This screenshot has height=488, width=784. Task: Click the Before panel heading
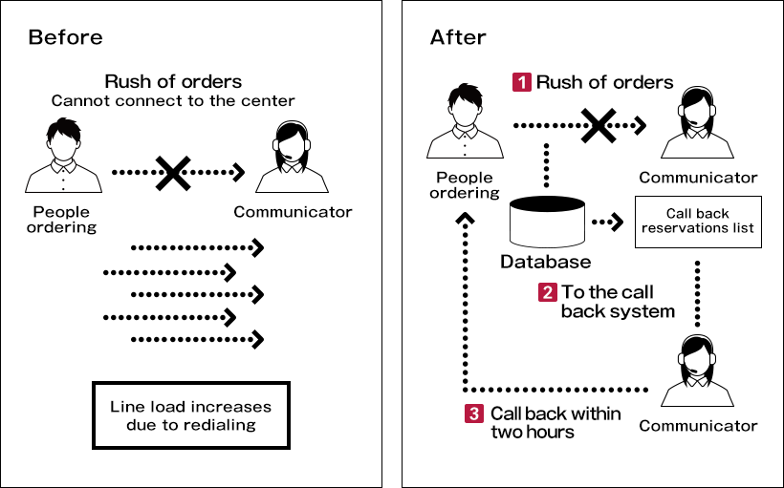[x=65, y=38]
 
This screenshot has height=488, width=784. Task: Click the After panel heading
[x=458, y=38]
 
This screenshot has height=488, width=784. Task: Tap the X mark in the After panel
[x=597, y=125]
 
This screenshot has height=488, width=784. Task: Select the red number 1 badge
[x=522, y=82]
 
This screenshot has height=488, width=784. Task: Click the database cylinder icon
[x=546, y=222]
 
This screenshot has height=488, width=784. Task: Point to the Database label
[x=545, y=262]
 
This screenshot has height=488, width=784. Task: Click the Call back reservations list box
[x=698, y=222]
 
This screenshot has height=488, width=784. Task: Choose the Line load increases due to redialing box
[x=190, y=415]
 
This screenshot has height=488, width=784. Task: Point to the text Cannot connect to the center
[x=173, y=101]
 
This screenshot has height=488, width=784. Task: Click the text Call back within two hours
[x=555, y=422]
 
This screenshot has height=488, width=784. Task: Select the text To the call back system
[x=617, y=302]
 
